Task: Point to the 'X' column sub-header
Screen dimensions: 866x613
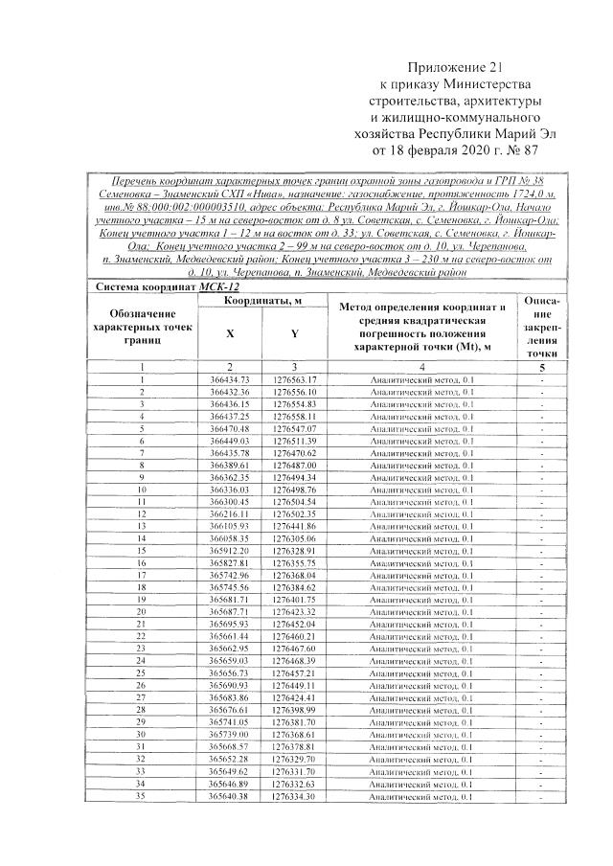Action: tap(230, 334)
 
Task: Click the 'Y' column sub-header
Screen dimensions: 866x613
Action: tap(294, 334)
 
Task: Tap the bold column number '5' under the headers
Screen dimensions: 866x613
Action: tap(542, 367)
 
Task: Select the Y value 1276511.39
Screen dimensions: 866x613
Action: tap(294, 440)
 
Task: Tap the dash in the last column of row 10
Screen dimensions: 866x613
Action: tap(542, 490)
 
